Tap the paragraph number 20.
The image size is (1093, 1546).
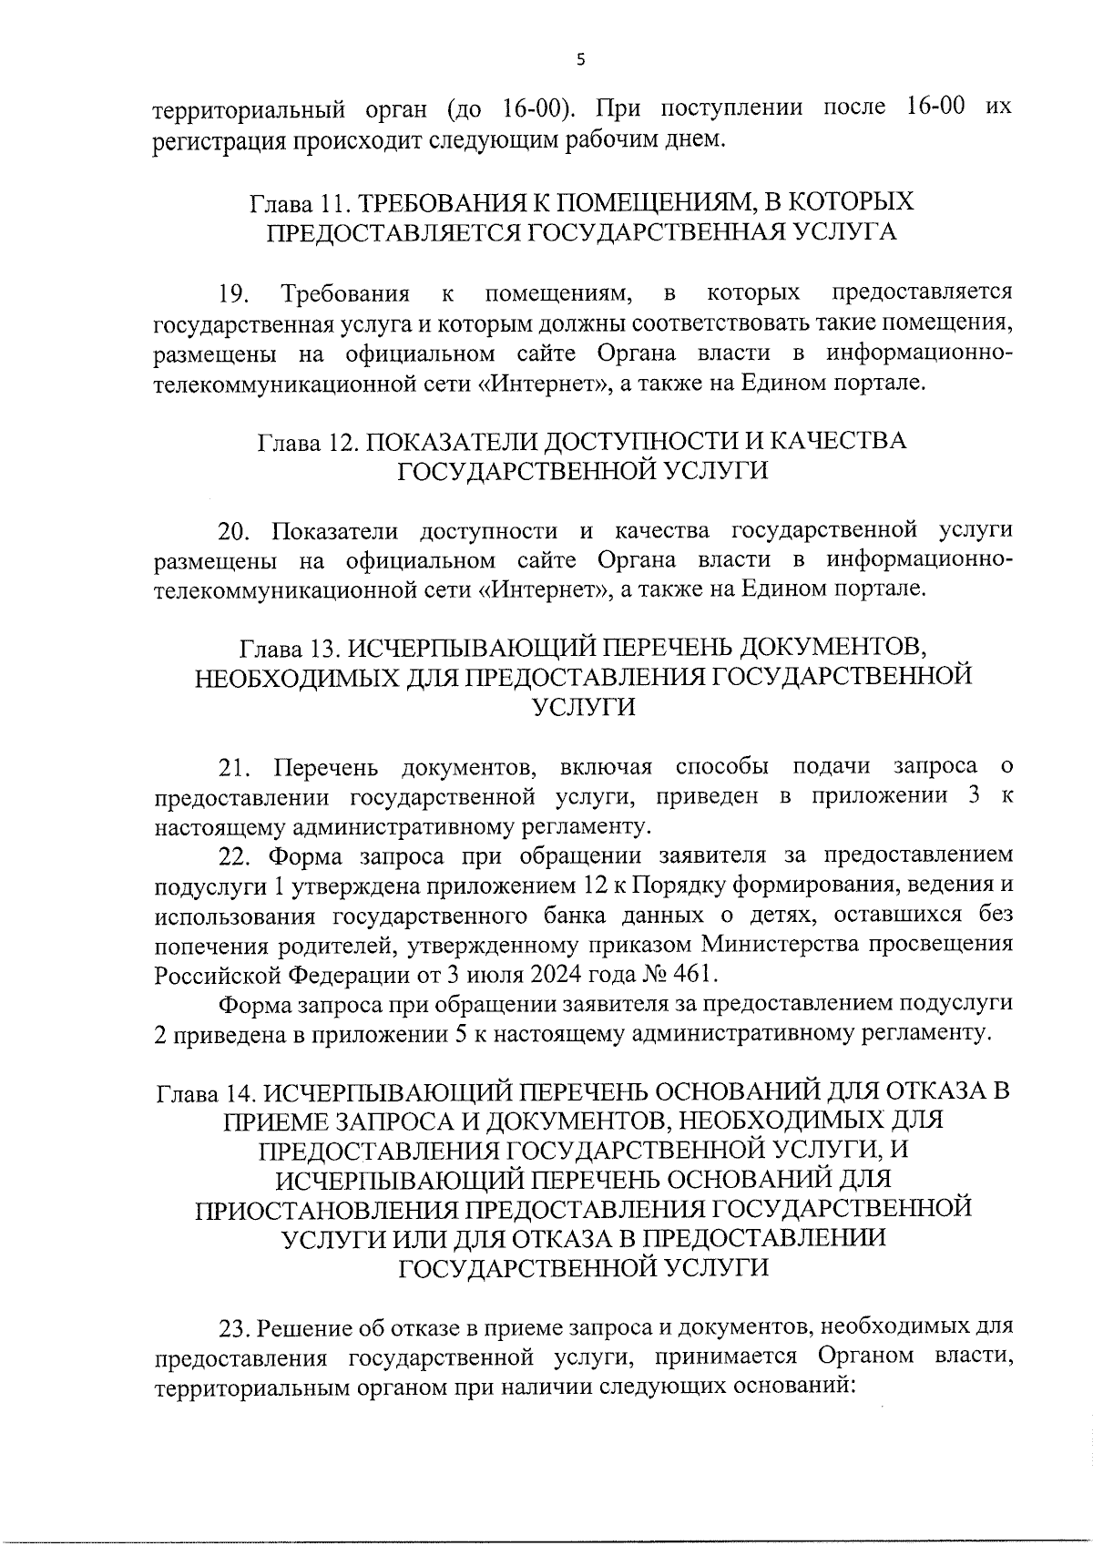click(x=234, y=530)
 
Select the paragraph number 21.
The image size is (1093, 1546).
click(x=234, y=767)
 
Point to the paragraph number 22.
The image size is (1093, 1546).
click(x=234, y=856)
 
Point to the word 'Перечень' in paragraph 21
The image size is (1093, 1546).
click(x=327, y=767)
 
